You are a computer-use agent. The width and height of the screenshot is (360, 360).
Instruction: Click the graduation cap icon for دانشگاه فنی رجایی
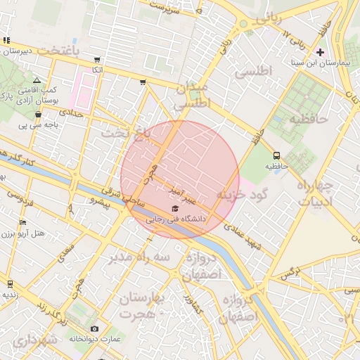tap(174, 209)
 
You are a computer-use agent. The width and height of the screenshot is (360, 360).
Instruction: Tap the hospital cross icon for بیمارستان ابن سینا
tap(321, 52)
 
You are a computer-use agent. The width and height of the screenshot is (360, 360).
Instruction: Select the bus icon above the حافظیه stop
tap(276, 155)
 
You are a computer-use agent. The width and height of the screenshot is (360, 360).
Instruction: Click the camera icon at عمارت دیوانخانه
tap(95, 328)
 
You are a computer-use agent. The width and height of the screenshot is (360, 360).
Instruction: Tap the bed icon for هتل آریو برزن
tap(23, 223)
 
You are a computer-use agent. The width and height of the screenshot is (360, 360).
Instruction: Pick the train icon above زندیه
tap(10, 284)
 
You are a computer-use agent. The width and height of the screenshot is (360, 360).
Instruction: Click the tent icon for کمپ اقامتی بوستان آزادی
tap(37, 81)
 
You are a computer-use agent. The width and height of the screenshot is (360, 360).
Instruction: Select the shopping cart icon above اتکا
tap(96, 59)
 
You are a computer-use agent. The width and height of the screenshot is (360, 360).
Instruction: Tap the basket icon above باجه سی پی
tap(38, 114)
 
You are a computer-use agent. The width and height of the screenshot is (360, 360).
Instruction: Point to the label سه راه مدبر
tap(139, 257)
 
